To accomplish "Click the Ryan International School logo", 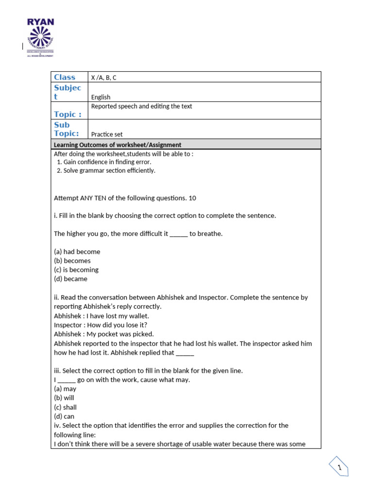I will click(x=40, y=38).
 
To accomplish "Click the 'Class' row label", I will click(x=65, y=77).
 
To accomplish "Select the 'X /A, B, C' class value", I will click(x=103, y=78).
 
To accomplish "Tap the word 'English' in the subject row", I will click(x=101, y=97).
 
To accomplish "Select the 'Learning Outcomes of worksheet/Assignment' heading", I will click(x=118, y=145).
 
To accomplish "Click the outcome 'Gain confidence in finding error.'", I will click(x=107, y=162).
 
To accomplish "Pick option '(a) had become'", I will click(x=77, y=252).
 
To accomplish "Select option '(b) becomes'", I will click(x=72, y=261).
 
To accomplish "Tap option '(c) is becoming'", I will click(x=76, y=270).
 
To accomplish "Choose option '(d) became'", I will click(x=70, y=279).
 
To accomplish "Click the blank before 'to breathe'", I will click(x=178, y=234).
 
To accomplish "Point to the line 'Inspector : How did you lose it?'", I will click(x=101, y=325).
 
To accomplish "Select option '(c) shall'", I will click(x=65, y=408).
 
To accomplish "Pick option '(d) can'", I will click(x=64, y=416).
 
